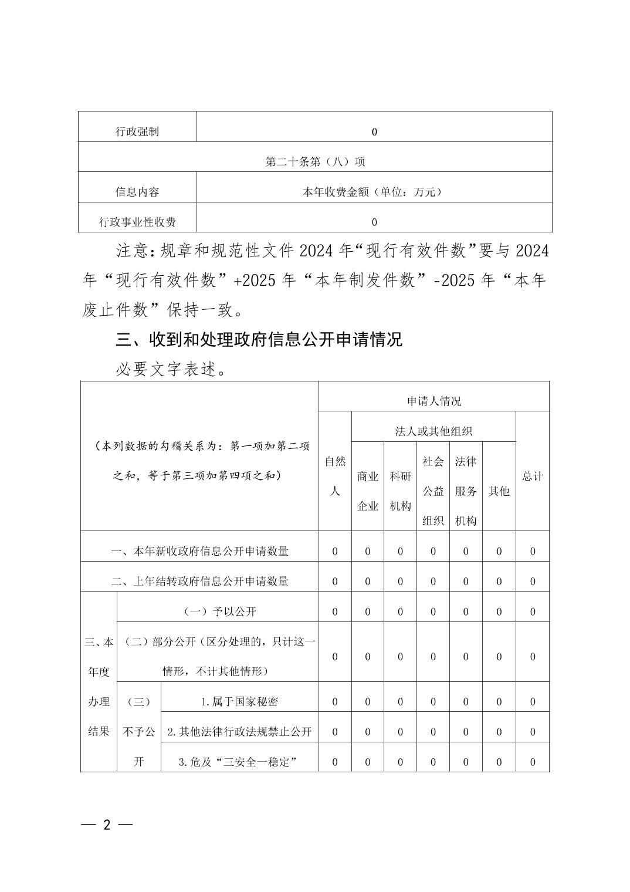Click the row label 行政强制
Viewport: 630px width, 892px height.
(137, 131)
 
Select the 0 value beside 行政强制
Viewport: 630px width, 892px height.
(374, 132)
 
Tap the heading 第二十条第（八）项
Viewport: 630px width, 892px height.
(316, 161)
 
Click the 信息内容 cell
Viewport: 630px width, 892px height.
(137, 192)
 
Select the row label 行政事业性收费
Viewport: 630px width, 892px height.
(137, 222)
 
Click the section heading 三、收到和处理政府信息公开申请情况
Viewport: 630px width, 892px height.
(259, 339)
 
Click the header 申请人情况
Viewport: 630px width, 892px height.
(434, 401)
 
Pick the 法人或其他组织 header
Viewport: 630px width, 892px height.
(433, 431)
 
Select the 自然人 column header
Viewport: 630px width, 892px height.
(335, 476)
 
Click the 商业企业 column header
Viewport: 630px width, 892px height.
(368, 491)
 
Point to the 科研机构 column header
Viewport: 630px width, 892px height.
(400, 491)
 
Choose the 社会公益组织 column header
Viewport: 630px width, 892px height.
(433, 491)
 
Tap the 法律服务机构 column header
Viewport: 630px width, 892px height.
(466, 491)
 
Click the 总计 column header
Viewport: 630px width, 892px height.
(533, 476)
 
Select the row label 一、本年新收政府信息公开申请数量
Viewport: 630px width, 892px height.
(199, 551)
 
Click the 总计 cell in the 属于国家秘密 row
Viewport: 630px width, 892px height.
(533, 702)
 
